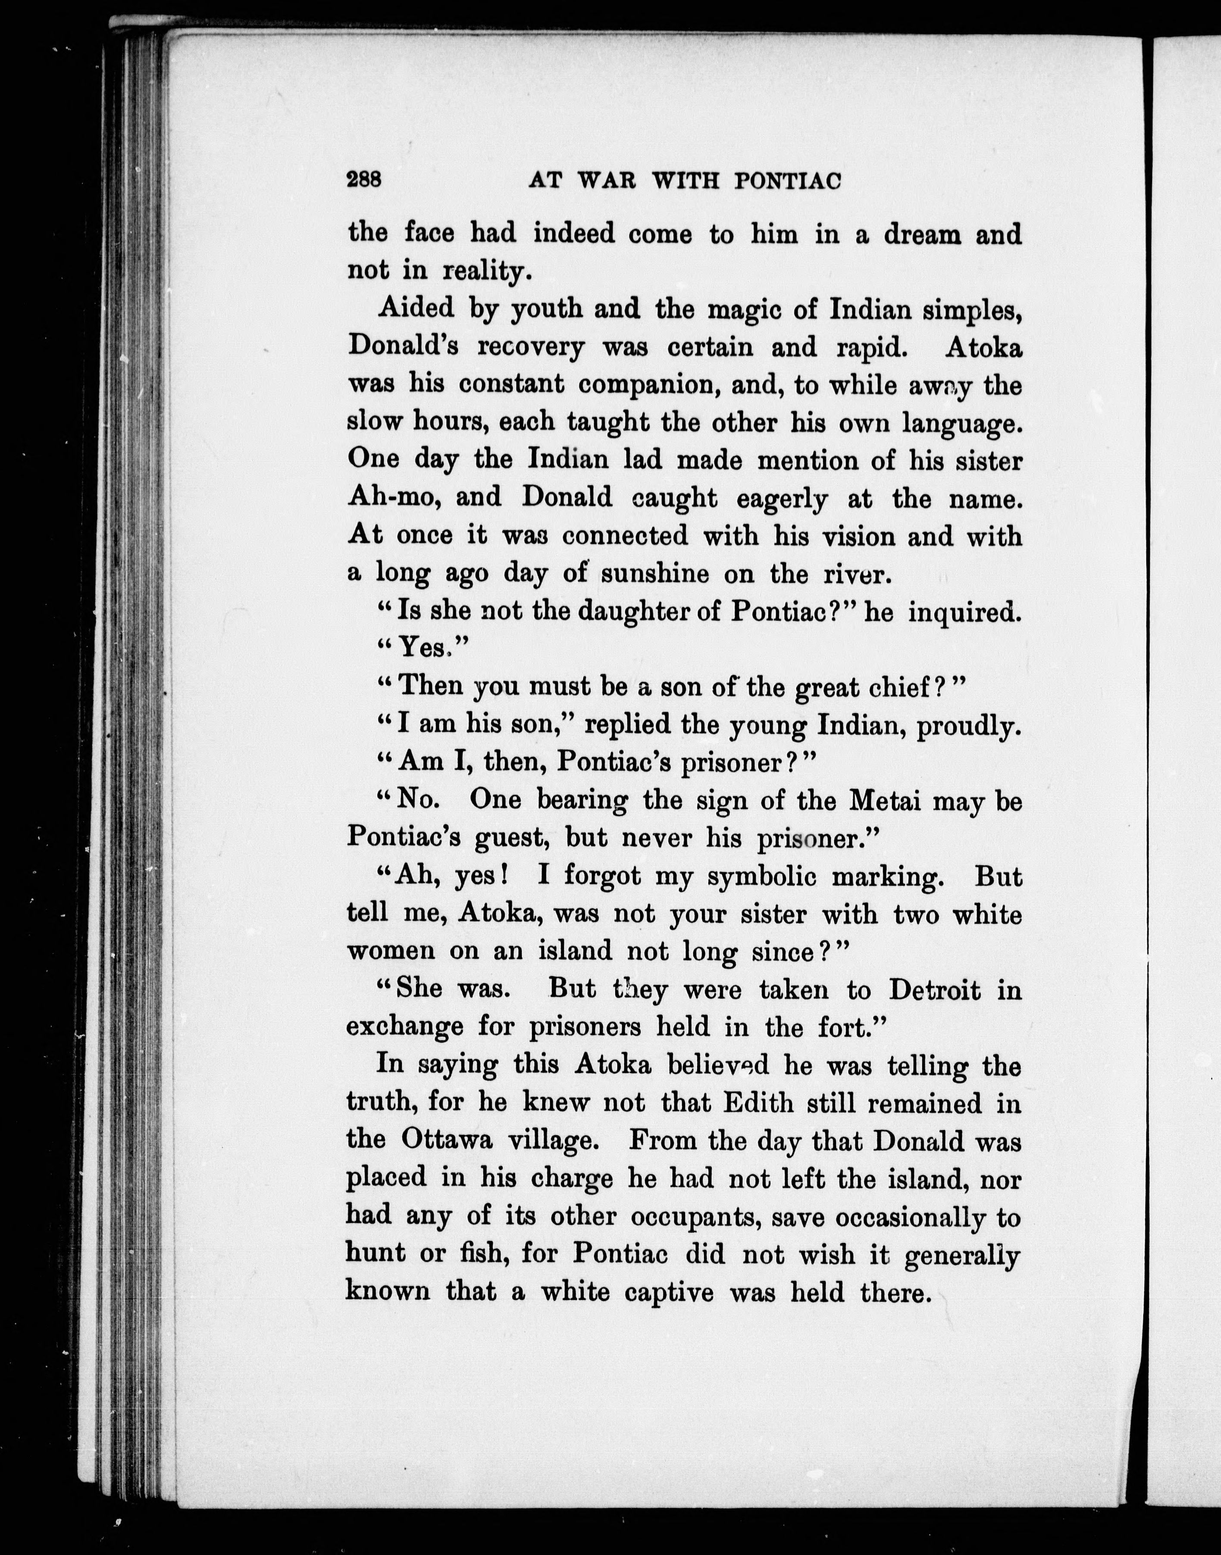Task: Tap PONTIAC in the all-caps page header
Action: click(x=787, y=181)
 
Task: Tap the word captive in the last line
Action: click(x=668, y=1293)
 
